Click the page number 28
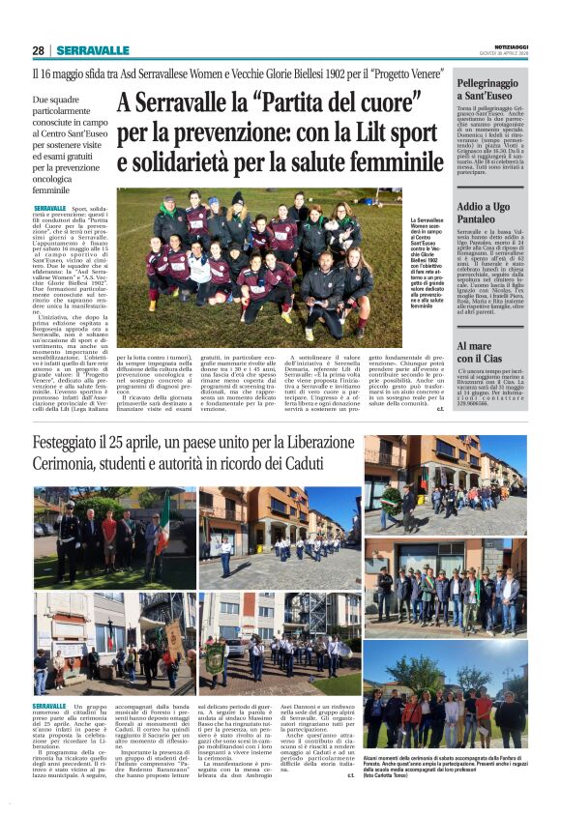point(38,50)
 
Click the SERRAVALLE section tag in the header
point(93,50)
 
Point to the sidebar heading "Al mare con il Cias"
point(483,351)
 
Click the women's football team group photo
point(258,255)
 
